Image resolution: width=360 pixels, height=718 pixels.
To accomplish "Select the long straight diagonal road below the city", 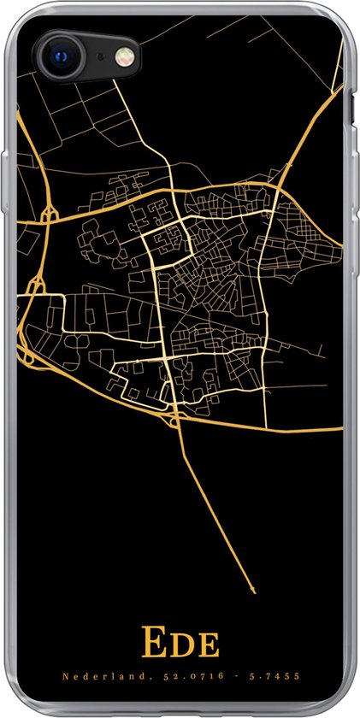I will click(x=214, y=504).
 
